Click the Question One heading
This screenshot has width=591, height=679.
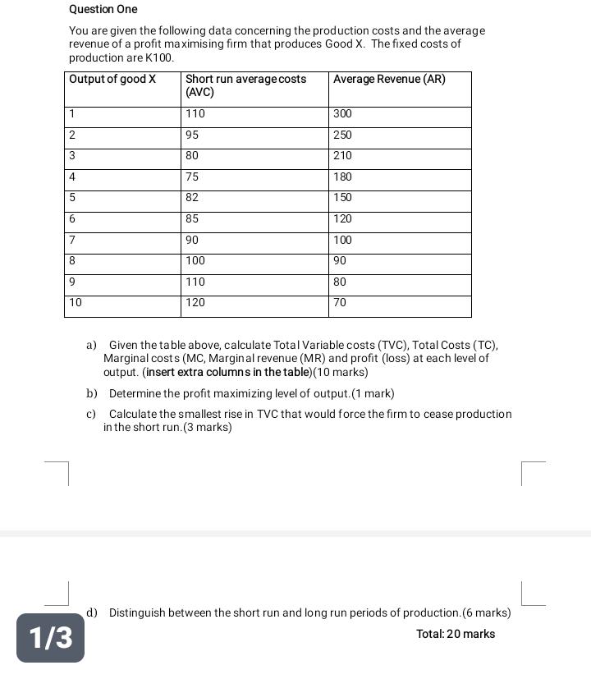(x=103, y=9)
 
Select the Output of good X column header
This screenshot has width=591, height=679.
(x=112, y=80)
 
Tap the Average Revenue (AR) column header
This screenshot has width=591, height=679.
(x=389, y=80)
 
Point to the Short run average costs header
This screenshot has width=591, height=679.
(x=245, y=80)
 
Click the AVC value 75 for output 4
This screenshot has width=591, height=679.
(x=192, y=177)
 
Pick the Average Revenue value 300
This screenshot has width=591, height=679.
(x=342, y=113)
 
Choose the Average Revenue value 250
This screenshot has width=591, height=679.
(x=342, y=135)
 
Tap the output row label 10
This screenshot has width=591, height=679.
(x=76, y=303)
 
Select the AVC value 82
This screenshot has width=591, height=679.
(x=192, y=198)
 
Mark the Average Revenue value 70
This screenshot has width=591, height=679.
(x=340, y=303)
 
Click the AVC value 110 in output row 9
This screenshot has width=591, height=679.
(x=195, y=282)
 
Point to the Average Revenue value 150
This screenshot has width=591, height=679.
(x=342, y=198)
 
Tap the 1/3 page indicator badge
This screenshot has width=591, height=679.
(x=51, y=637)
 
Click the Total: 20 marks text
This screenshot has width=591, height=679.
(x=456, y=634)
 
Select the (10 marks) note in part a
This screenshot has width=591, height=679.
(x=341, y=372)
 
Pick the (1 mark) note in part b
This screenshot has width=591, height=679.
(x=373, y=393)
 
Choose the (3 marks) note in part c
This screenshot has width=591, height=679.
(x=208, y=428)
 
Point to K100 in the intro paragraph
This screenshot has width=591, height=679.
(x=159, y=58)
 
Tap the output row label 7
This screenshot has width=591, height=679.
(x=72, y=240)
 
